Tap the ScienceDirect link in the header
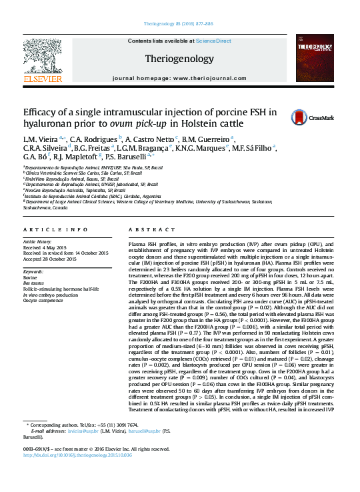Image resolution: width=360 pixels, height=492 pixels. click(x=214, y=41)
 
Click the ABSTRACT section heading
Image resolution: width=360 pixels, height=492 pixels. click(x=147, y=229)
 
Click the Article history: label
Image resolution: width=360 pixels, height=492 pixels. click(x=39, y=241)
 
